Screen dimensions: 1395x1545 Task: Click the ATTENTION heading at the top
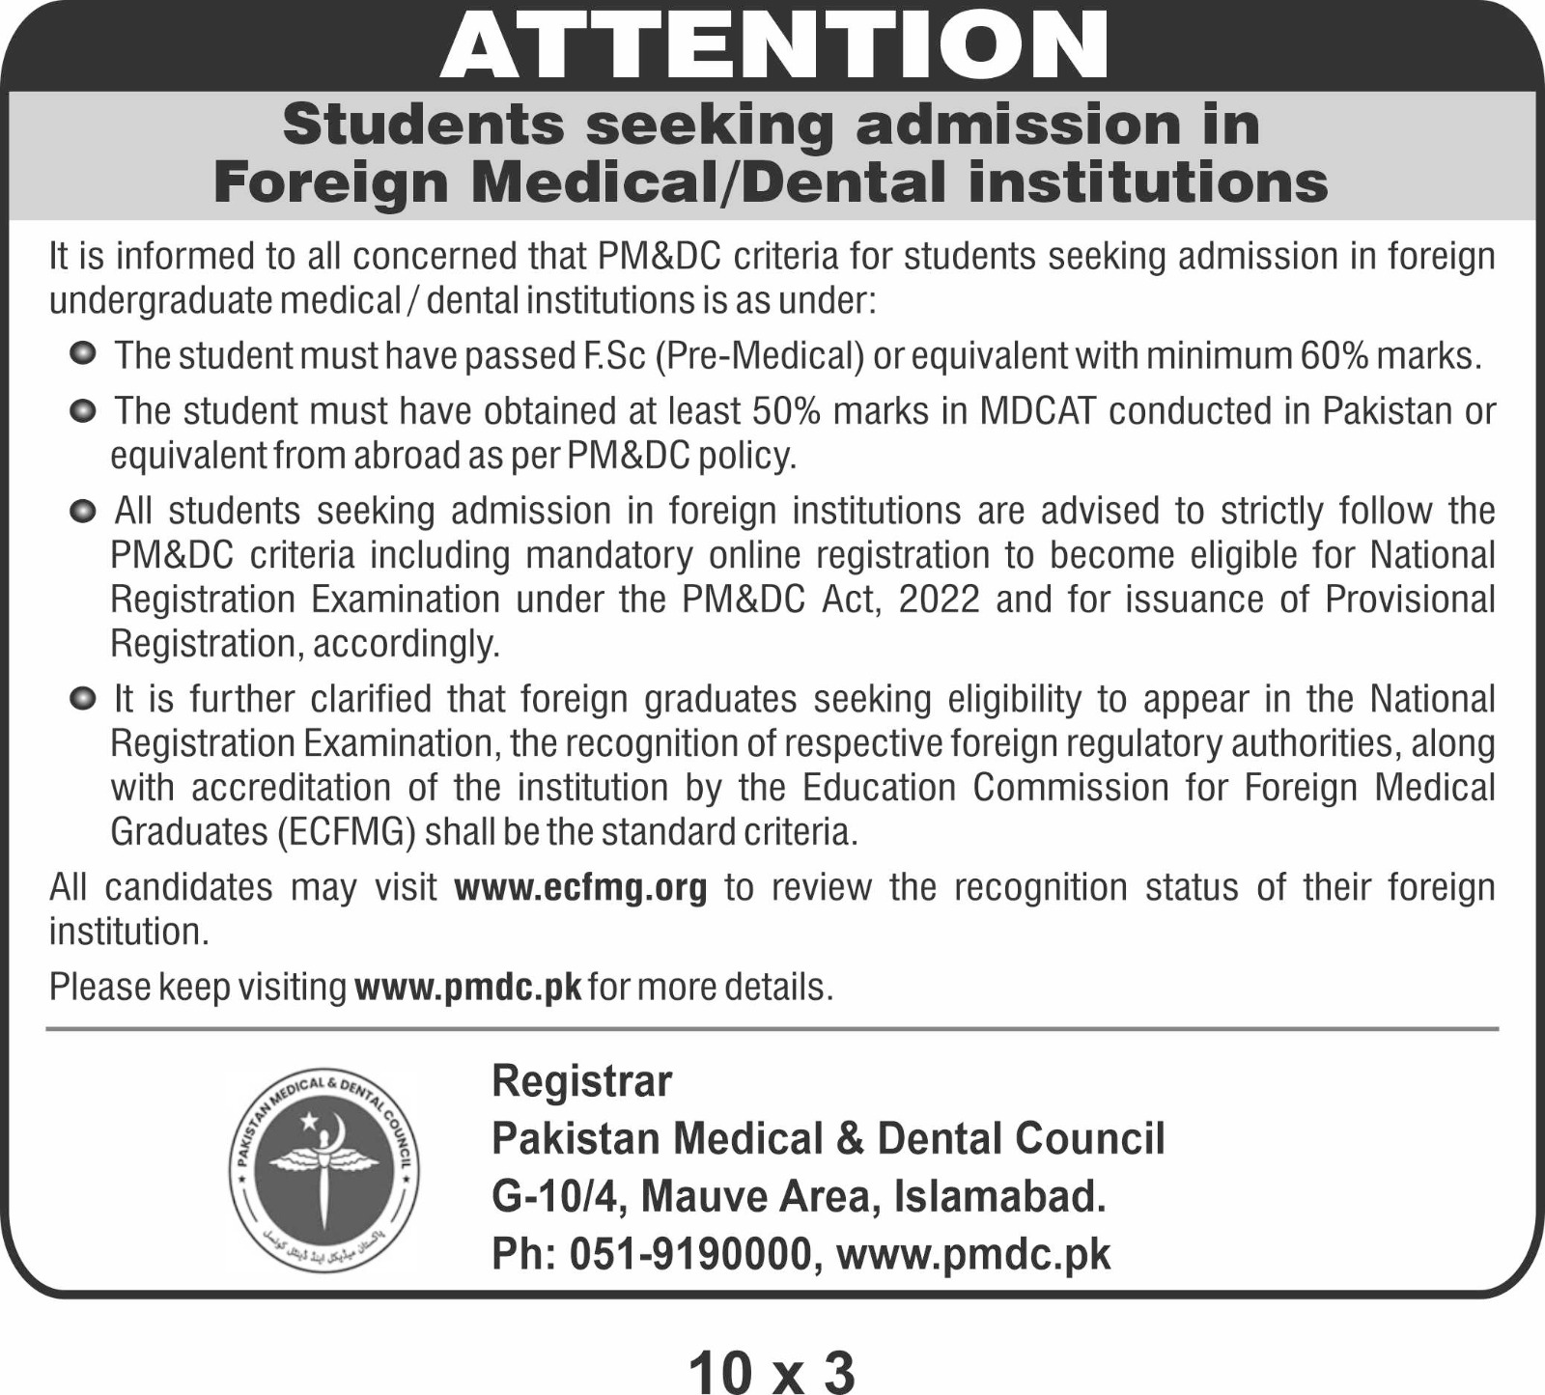pyautogui.click(x=773, y=46)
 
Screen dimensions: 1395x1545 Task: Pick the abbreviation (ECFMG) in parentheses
pyautogui.click(x=346, y=832)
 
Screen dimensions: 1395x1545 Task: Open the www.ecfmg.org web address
pyautogui.click(x=580, y=887)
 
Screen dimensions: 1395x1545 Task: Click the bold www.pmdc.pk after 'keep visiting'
pyautogui.click(x=468, y=988)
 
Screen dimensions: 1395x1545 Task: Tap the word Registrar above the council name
pyautogui.click(x=581, y=1081)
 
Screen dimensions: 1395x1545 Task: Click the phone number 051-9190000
pyautogui.click(x=689, y=1254)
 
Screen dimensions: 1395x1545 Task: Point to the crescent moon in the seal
pyautogui.click(x=335, y=1128)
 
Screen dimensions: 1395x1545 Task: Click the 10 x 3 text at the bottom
pyautogui.click(x=772, y=1372)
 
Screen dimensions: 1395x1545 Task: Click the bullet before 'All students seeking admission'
pyautogui.click(x=83, y=509)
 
